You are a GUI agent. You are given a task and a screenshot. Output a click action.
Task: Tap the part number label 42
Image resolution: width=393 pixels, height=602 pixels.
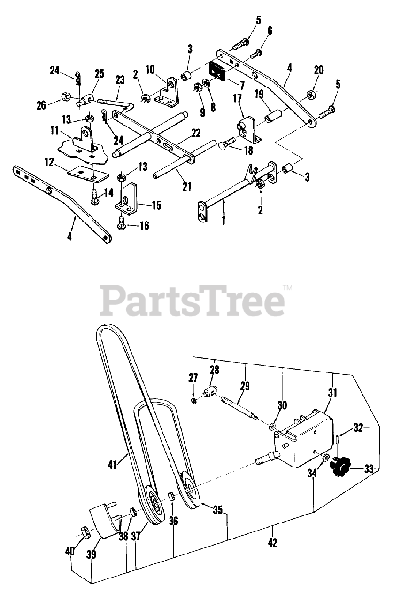tap(272, 542)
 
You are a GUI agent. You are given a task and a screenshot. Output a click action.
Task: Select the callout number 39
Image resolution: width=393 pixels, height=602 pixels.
tap(91, 555)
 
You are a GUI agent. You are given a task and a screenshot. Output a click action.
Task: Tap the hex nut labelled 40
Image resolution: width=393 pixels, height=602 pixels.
tap(83, 532)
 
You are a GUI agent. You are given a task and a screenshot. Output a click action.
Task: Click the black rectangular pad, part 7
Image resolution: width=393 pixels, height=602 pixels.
tap(217, 71)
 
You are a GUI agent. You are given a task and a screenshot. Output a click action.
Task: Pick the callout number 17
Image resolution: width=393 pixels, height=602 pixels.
tap(236, 100)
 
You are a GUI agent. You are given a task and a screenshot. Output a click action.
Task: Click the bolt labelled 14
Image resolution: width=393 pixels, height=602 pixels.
tap(95, 194)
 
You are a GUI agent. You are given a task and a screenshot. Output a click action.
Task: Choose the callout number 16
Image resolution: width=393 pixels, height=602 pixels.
tap(144, 226)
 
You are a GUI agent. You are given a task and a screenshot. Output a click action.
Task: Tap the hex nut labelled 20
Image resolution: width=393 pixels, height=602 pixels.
tap(309, 95)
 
